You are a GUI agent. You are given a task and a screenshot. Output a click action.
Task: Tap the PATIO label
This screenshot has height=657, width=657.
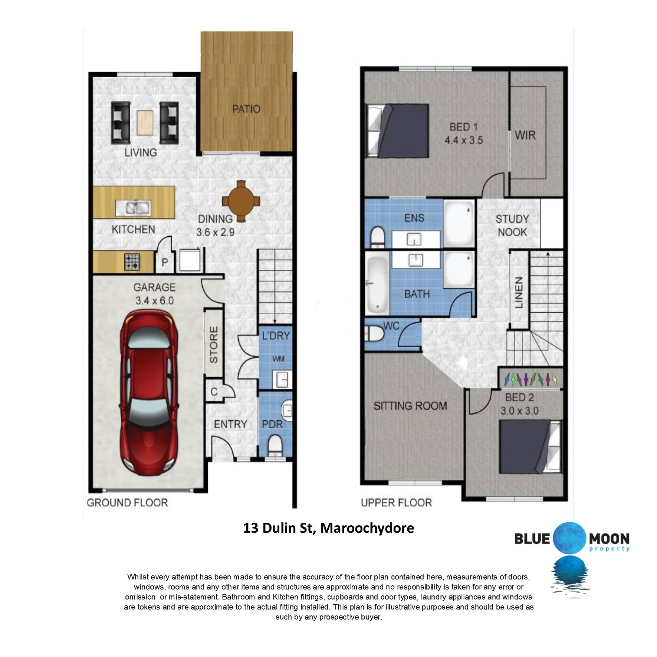click(246, 109)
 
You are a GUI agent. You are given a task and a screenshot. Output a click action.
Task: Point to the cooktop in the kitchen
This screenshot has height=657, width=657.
click(132, 262)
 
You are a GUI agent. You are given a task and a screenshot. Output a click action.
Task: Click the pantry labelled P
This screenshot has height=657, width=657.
click(165, 262)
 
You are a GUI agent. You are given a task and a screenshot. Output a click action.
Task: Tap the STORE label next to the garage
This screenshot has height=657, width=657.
click(214, 345)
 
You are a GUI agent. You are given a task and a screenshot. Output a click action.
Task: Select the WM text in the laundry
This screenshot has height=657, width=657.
click(278, 359)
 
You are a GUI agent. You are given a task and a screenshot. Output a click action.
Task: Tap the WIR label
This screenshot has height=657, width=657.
click(525, 135)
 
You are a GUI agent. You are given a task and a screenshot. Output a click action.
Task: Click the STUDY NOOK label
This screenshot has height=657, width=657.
click(512, 226)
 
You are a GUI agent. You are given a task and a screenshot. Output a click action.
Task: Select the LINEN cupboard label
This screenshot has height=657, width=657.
click(519, 292)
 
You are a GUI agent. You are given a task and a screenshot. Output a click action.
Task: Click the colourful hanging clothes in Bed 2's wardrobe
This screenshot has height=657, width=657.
click(530, 379)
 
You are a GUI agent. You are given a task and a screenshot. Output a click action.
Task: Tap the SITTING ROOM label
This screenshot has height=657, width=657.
click(410, 406)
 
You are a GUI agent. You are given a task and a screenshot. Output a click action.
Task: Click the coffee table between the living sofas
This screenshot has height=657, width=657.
click(145, 123)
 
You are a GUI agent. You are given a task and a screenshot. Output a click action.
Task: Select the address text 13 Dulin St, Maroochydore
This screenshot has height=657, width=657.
click(329, 528)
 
